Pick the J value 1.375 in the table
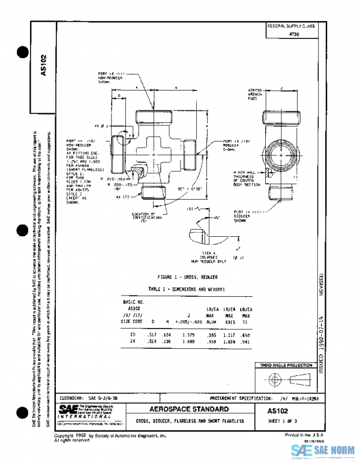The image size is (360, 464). point(188,334)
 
